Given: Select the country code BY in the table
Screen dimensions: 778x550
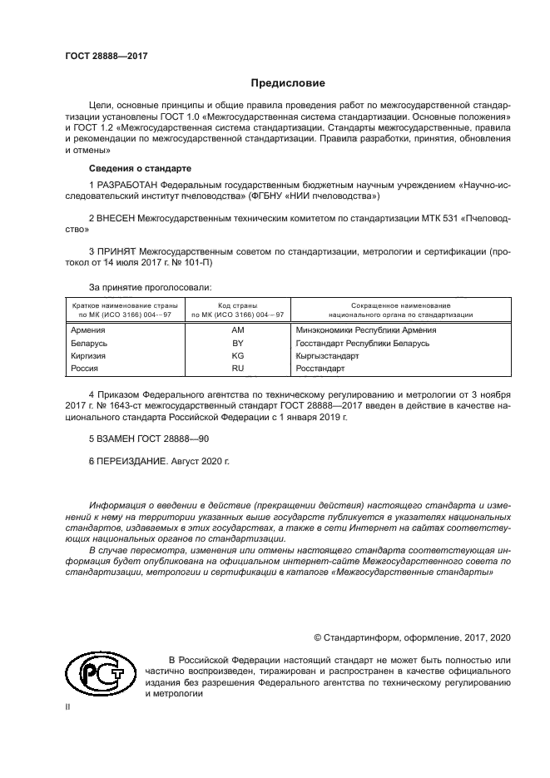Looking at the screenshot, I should click(237, 343).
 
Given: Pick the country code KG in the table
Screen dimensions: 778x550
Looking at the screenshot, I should click(237, 355).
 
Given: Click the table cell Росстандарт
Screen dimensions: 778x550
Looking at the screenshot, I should click(320, 368).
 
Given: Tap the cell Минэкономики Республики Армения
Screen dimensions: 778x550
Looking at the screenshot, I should click(365, 330).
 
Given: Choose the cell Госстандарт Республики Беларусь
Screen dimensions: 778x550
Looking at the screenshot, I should click(363, 343).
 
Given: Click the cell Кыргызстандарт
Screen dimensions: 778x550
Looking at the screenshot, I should click(326, 355).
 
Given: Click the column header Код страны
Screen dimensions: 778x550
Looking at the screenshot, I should click(237, 305).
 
